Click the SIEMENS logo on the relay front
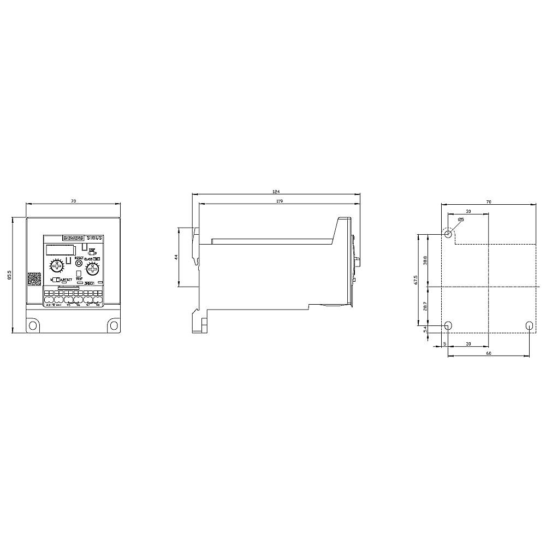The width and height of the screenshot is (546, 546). click(x=73, y=238)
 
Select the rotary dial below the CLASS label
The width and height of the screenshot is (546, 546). click(x=92, y=268)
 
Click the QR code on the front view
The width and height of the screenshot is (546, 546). click(x=34, y=278)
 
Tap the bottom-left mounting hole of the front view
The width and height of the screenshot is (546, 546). click(x=33, y=325)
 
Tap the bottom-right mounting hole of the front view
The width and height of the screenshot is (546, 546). click(x=114, y=325)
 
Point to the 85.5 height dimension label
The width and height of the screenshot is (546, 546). click(x=9, y=275)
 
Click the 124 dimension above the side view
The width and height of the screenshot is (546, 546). click(x=276, y=192)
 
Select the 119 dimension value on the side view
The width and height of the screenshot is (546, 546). click(x=279, y=201)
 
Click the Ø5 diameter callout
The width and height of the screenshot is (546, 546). click(x=461, y=219)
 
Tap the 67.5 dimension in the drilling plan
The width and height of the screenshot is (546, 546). click(x=416, y=281)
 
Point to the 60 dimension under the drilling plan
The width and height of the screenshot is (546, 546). click(x=489, y=353)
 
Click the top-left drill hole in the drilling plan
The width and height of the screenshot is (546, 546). click(x=448, y=235)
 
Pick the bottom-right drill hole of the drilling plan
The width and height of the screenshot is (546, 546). click(x=529, y=325)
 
